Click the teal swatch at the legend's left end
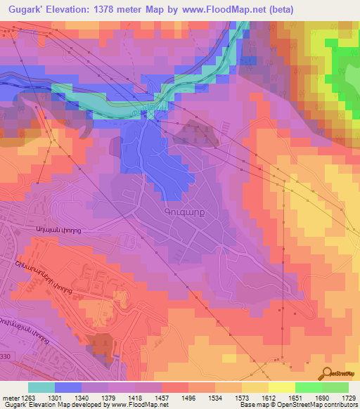click(41, 387)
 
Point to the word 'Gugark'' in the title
click(25, 8)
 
